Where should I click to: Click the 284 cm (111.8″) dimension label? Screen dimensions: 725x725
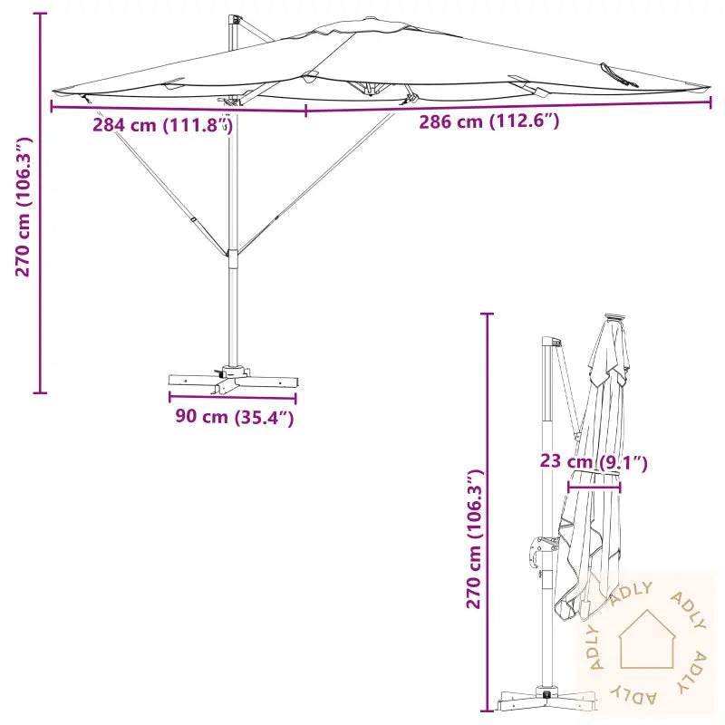point(163,125)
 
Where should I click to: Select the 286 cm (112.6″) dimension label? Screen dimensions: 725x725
point(488,121)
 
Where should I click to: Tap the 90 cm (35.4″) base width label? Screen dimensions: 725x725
point(234,418)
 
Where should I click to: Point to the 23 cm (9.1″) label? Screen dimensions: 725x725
point(594,462)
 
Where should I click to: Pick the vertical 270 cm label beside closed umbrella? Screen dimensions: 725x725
point(472,540)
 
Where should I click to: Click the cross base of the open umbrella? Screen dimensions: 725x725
point(231,379)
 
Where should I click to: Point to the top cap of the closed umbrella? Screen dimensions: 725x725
point(615,318)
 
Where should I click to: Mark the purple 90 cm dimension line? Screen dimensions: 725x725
point(232,397)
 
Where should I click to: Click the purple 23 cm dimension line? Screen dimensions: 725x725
point(594,487)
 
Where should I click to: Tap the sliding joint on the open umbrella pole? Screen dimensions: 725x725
point(233,257)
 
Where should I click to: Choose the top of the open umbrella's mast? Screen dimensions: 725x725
point(236,19)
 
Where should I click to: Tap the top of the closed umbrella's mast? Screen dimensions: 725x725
point(548,343)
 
